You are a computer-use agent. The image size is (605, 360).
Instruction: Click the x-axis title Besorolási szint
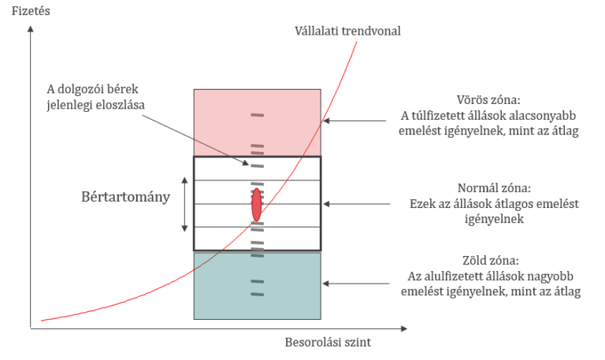[327, 343]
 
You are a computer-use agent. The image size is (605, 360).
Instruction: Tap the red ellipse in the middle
[257, 205]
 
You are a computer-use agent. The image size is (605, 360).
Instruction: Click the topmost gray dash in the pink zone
[257, 117]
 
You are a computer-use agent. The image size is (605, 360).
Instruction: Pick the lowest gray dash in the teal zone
[257, 295]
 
